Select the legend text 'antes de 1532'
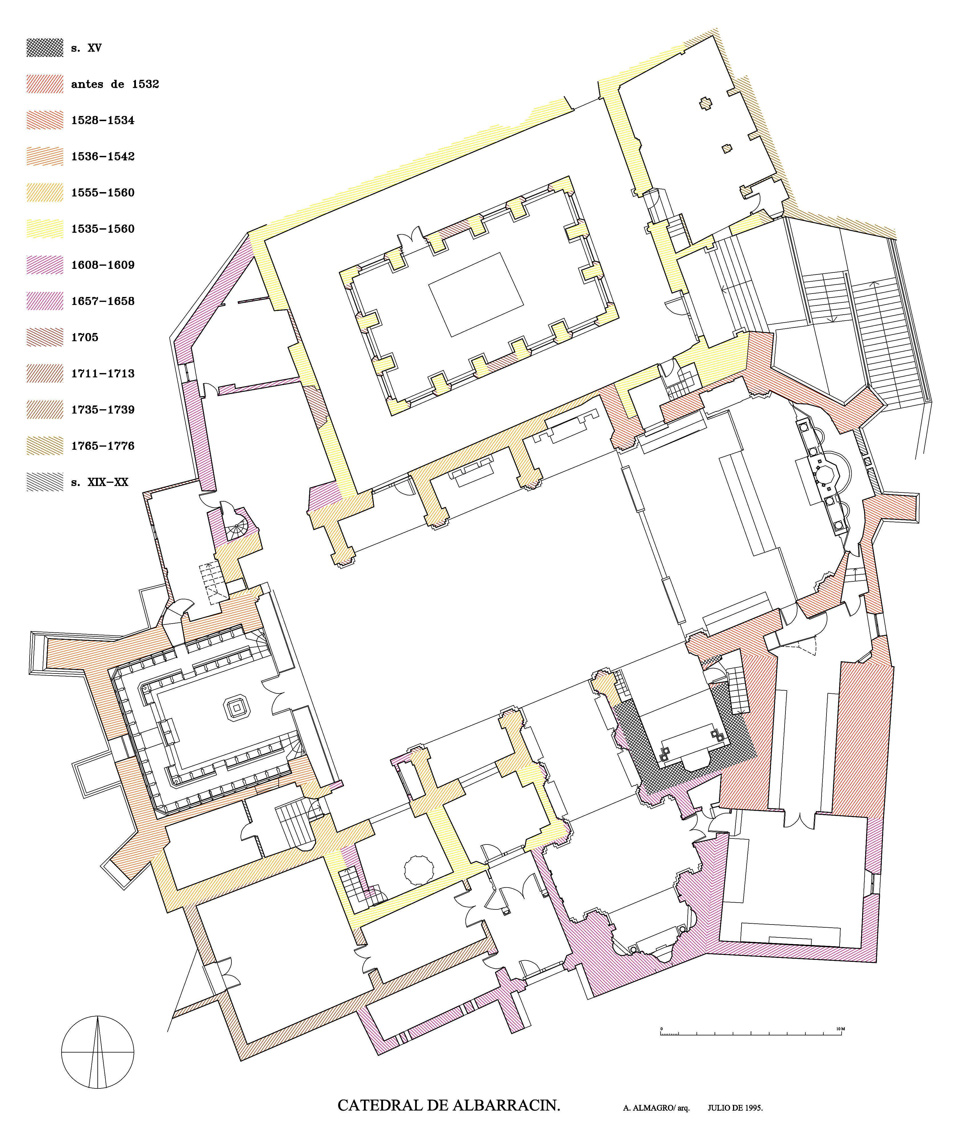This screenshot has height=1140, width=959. coord(115,84)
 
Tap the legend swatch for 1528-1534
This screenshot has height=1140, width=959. coord(44,120)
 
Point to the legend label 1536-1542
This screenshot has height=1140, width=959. coord(103,156)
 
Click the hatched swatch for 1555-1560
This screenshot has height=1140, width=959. coord(44,192)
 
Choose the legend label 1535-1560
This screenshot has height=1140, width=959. coord(103,229)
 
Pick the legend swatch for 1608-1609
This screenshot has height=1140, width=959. coord(44,265)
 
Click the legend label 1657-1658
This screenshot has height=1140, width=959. coord(103,301)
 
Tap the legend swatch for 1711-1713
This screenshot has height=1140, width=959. coord(44,373)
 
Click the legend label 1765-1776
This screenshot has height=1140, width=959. coord(103,446)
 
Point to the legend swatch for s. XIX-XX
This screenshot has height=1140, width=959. coord(44,482)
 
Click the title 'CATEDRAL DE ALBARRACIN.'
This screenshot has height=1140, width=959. coord(449,1105)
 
